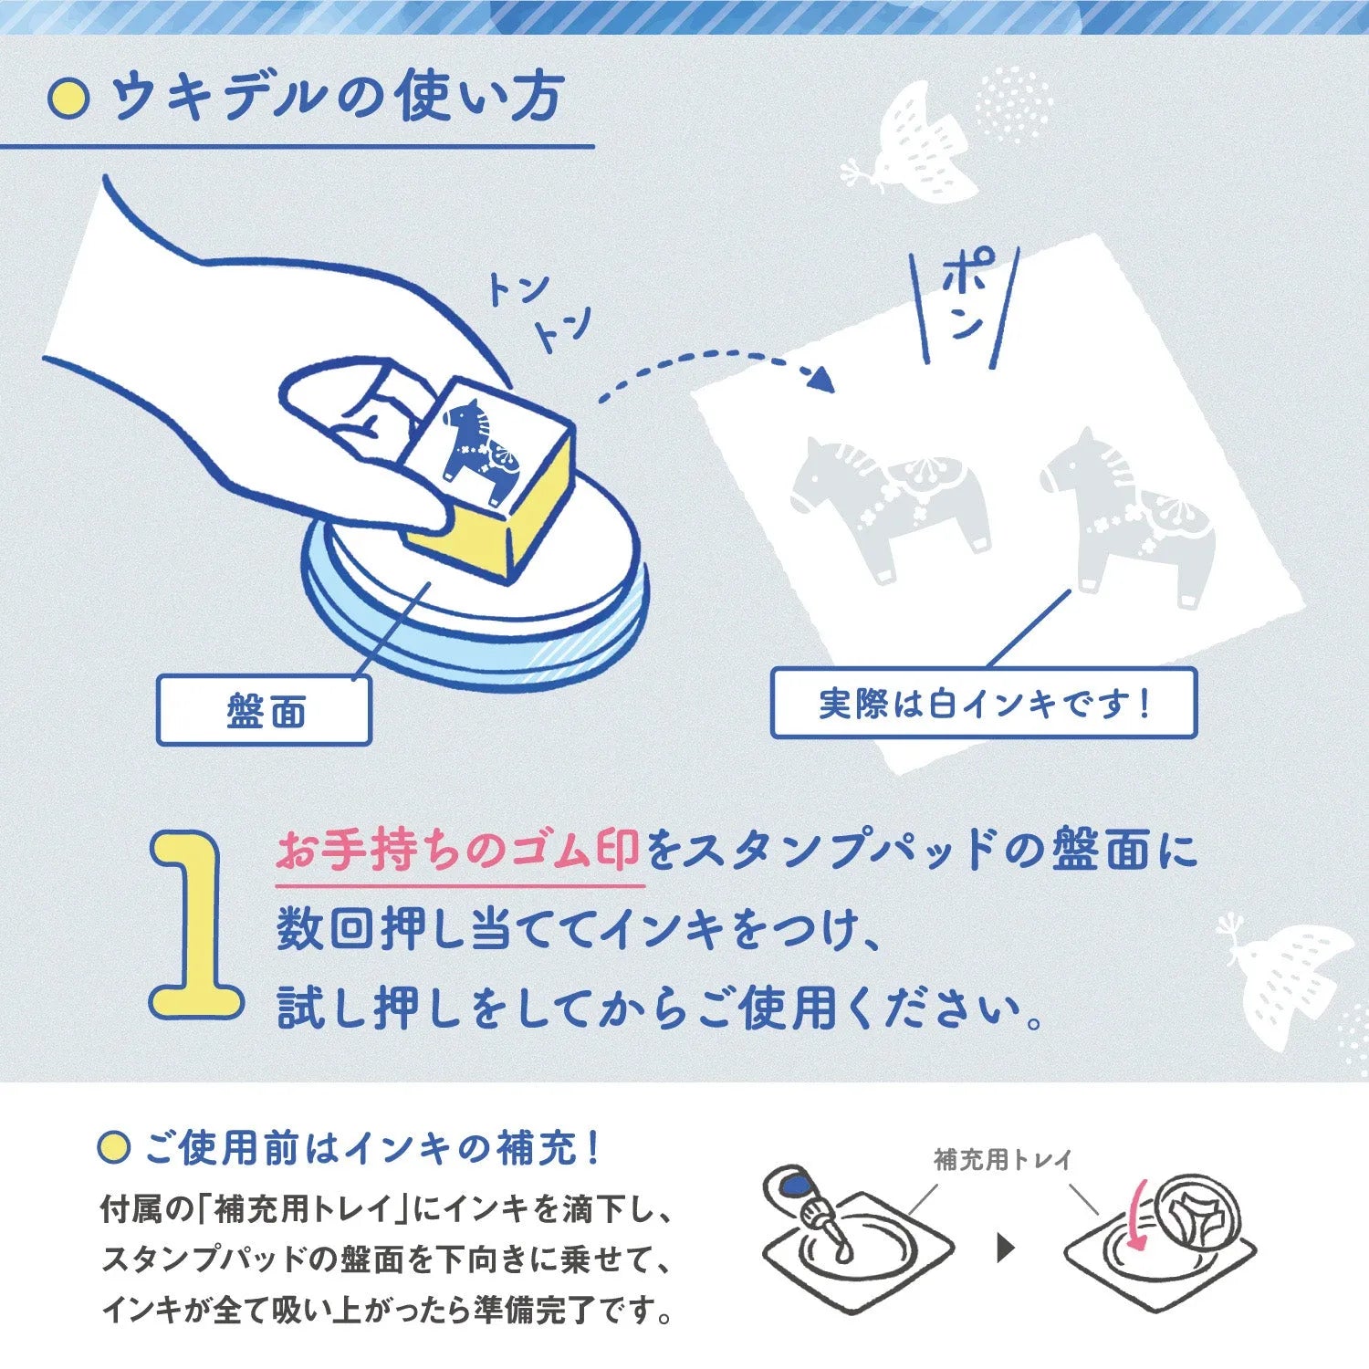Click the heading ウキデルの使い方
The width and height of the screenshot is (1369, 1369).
point(337,98)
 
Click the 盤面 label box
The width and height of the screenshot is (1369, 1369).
point(265,710)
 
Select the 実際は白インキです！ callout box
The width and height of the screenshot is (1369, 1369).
point(984,703)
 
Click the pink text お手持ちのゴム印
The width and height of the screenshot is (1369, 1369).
point(458,851)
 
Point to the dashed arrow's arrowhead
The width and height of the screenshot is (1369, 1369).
point(822,379)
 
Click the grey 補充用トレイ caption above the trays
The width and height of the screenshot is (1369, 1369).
point(1002,1160)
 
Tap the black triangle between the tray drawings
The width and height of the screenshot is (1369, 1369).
point(1006,1248)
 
